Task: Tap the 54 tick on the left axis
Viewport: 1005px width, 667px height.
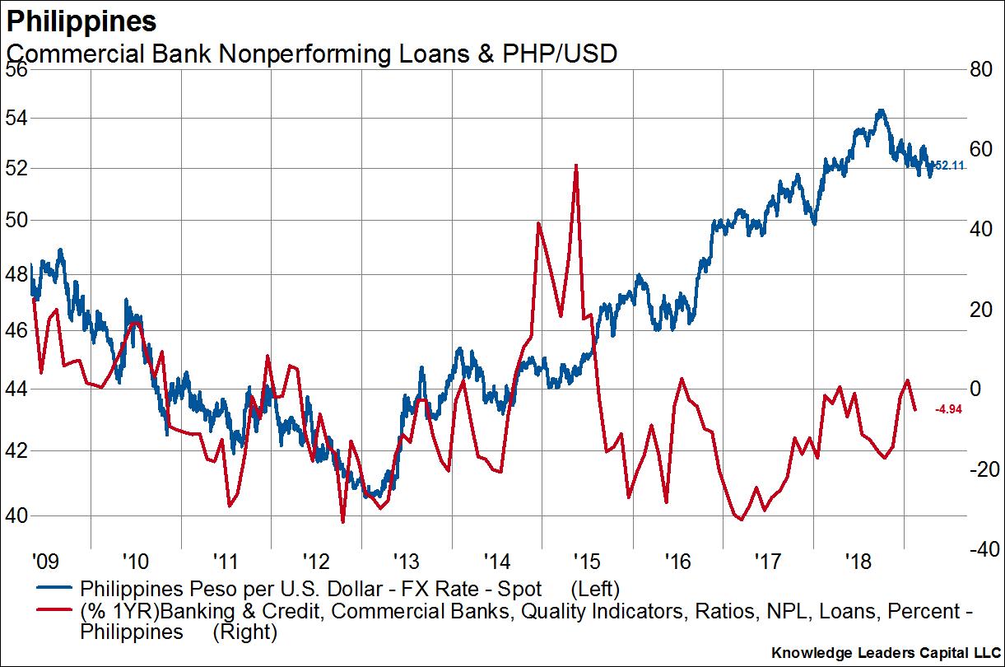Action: (x=16, y=118)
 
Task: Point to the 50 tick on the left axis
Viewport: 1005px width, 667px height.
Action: (x=16, y=220)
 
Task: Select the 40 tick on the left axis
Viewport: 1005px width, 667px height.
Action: (x=16, y=515)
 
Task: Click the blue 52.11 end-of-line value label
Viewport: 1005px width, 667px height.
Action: (x=947, y=166)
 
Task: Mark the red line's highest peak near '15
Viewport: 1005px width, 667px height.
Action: (x=576, y=165)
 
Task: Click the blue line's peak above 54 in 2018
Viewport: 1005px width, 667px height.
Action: (x=881, y=110)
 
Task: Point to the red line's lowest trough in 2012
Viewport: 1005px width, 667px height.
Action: (x=342, y=521)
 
